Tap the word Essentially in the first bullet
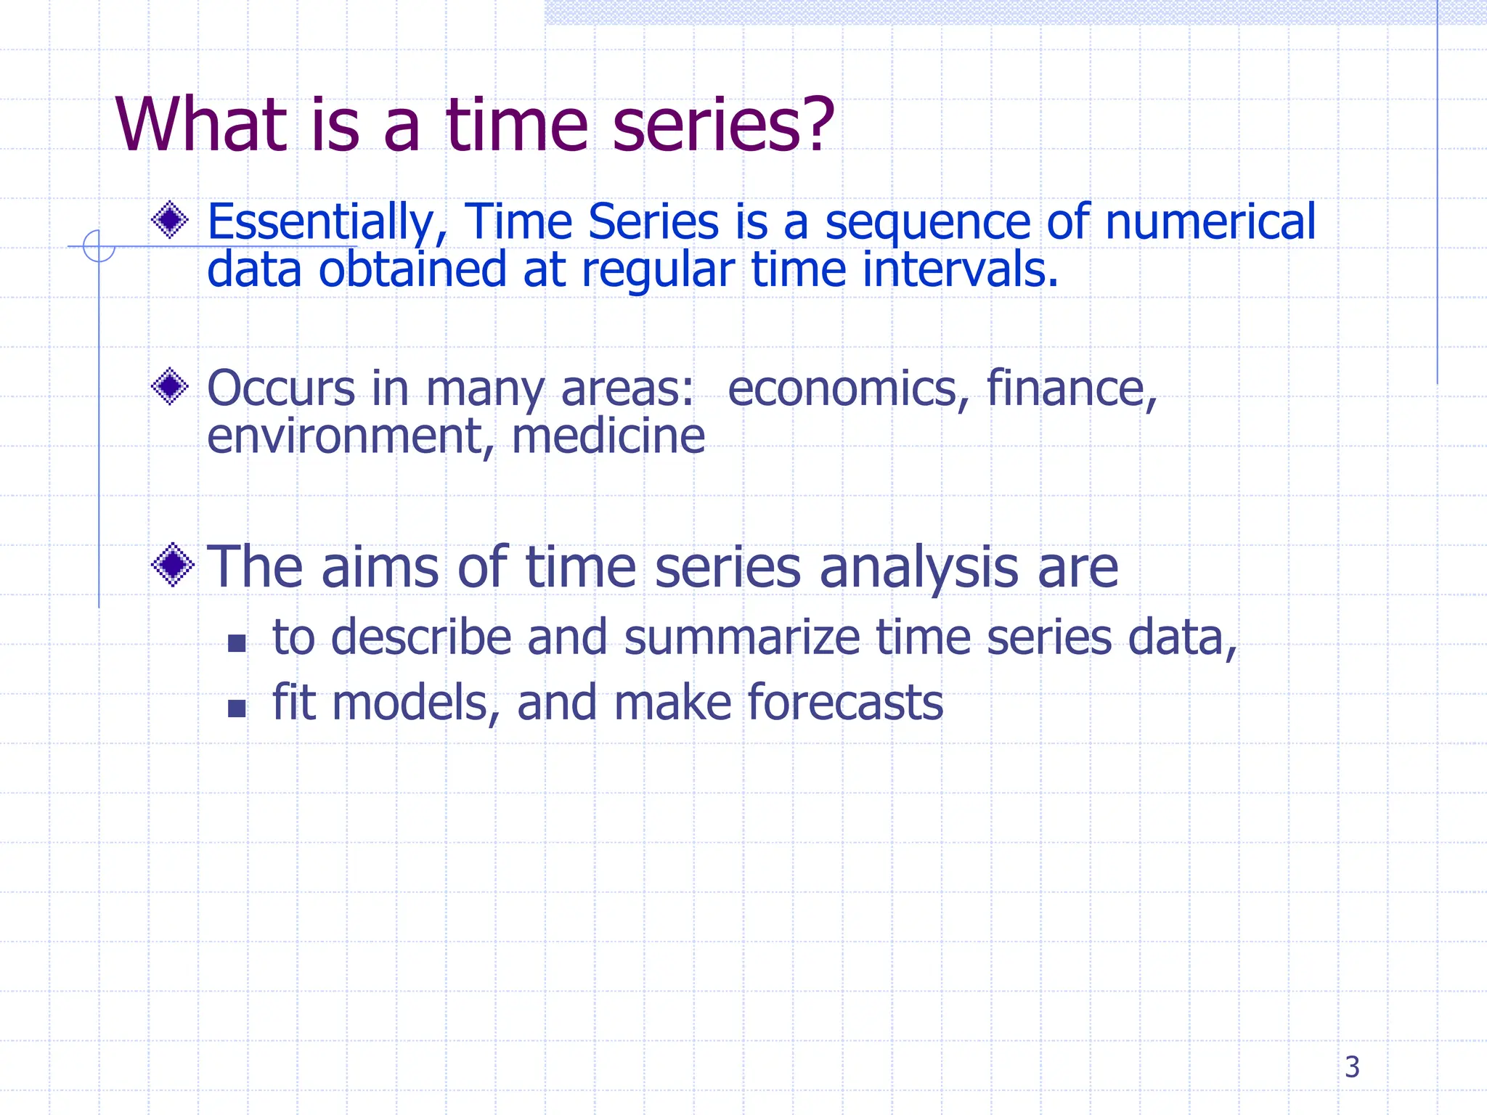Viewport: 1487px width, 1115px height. pos(320,222)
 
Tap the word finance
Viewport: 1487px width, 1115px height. pos(1070,389)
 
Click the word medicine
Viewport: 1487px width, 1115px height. pos(608,437)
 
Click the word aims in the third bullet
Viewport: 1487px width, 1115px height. pos(379,568)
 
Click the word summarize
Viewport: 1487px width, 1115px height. pos(741,637)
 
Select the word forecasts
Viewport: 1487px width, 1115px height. pos(844,703)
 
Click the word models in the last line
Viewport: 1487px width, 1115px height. pos(415,703)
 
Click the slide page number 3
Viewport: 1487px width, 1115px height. pos(1351,1067)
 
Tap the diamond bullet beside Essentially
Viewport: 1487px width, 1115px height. pos(171,219)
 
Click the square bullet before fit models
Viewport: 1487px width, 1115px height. pos(237,708)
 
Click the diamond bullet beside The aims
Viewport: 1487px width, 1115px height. pos(173,565)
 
